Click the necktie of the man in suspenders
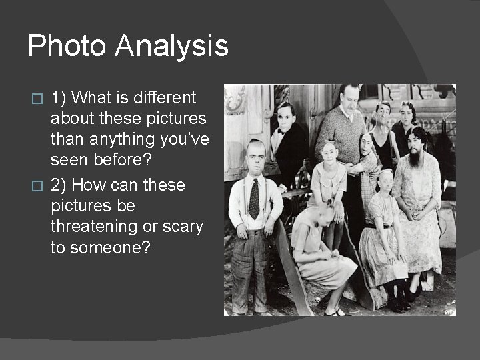click(x=254, y=199)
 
